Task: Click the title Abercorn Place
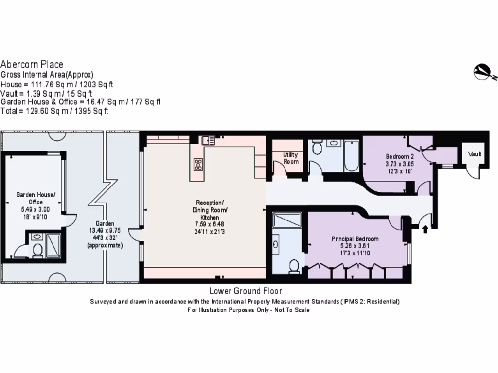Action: [32, 64]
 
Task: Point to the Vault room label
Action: [475, 154]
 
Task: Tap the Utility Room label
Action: [291, 158]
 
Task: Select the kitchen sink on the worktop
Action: [209, 141]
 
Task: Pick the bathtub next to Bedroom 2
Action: [351, 156]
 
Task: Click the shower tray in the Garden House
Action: [53, 245]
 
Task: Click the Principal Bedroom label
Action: [355, 239]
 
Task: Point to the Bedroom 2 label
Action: [400, 156]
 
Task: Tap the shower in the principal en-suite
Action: [286, 220]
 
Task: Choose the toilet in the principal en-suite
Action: [294, 266]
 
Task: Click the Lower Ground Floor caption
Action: [245, 291]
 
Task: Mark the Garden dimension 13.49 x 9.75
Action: [105, 231]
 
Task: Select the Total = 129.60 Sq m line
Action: [54, 111]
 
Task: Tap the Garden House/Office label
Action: [36, 198]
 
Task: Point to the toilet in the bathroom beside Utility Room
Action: [317, 147]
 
